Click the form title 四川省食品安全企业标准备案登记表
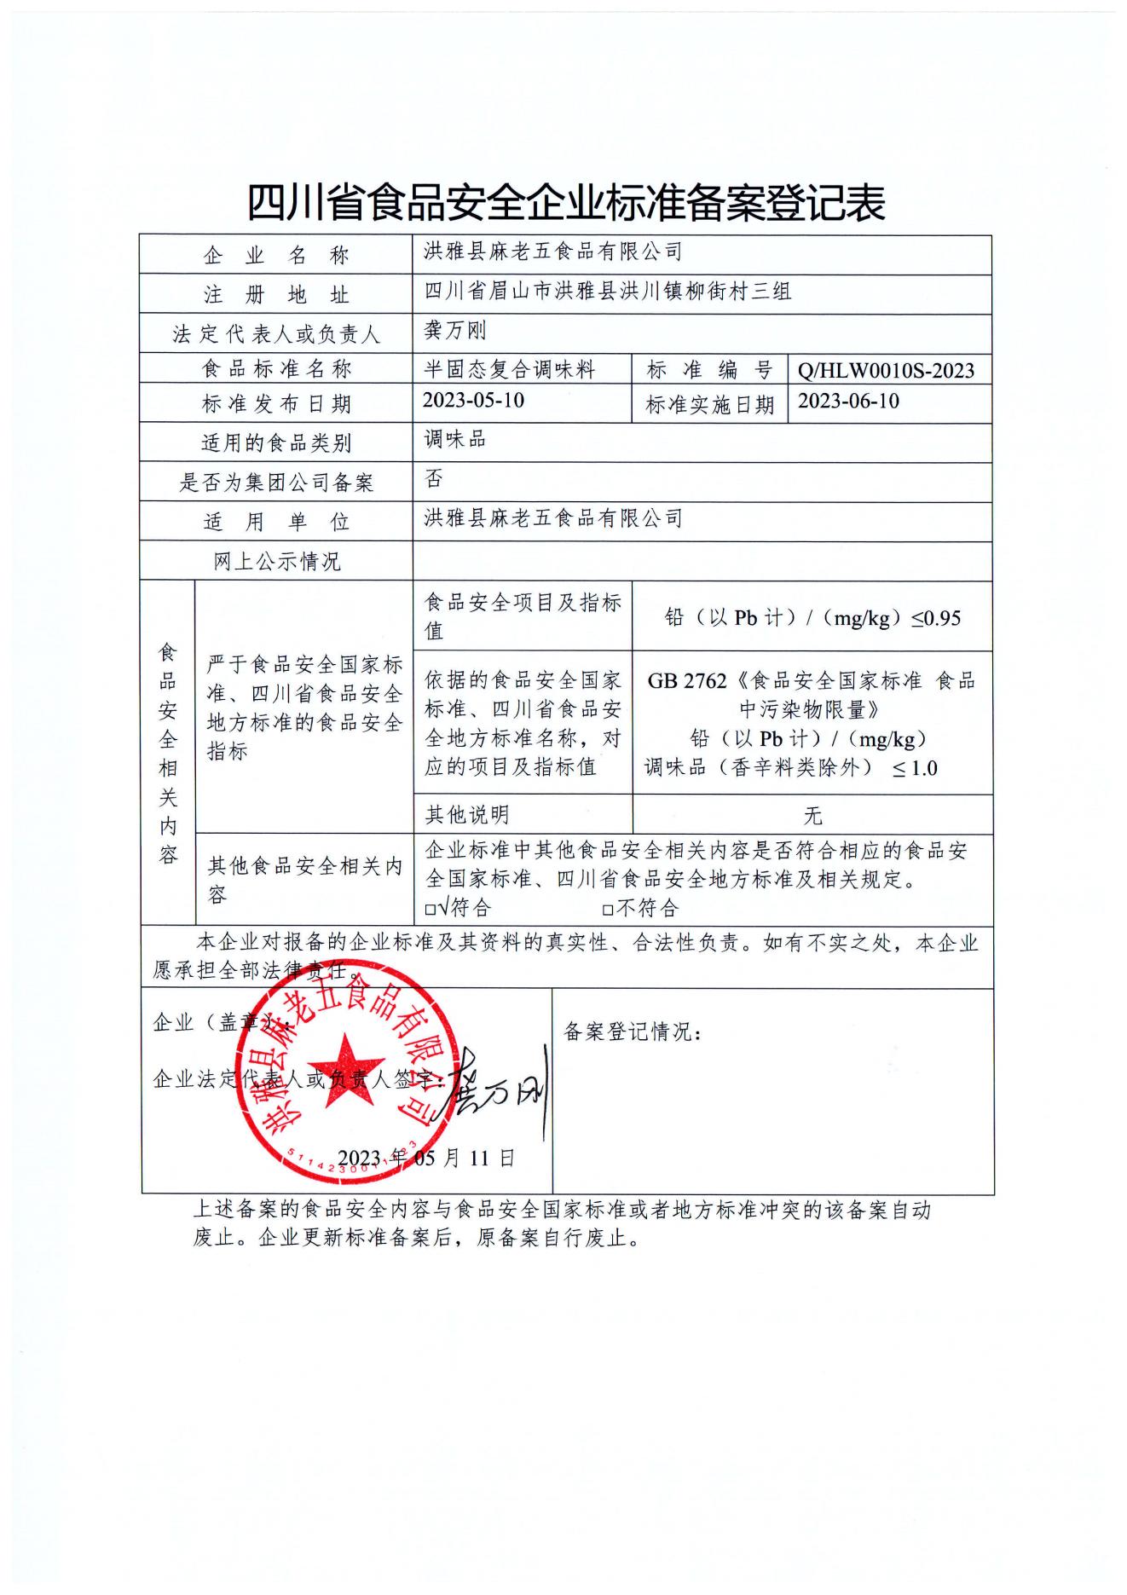pos(565,204)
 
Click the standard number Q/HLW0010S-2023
pos(886,370)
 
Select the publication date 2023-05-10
pos(473,400)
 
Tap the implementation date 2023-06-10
pos(848,401)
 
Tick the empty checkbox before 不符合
pos(607,910)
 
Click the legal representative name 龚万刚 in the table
pos(454,331)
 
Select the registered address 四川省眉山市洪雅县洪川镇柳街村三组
pos(607,292)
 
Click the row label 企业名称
pos(275,255)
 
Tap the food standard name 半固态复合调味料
pos(509,370)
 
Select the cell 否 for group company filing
pos(434,479)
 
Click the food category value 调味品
pos(454,440)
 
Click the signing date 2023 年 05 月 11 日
pos(426,1158)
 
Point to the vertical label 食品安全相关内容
pos(168,754)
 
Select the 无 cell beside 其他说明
pos(812,816)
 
